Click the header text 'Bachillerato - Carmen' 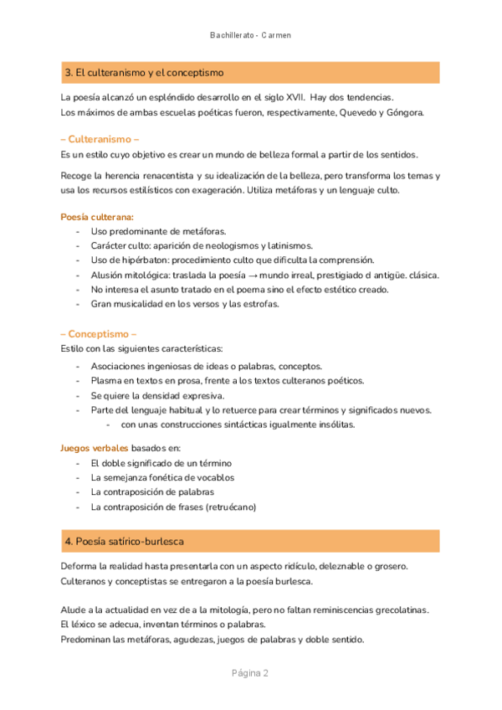[x=250, y=35]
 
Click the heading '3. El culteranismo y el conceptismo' [x=143, y=74]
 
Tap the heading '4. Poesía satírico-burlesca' [x=124, y=542]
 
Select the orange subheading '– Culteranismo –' [x=100, y=139]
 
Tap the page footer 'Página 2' [x=250, y=673]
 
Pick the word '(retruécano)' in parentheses [x=228, y=507]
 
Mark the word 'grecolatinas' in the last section [x=399, y=610]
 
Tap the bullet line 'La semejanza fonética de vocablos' [x=162, y=477]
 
